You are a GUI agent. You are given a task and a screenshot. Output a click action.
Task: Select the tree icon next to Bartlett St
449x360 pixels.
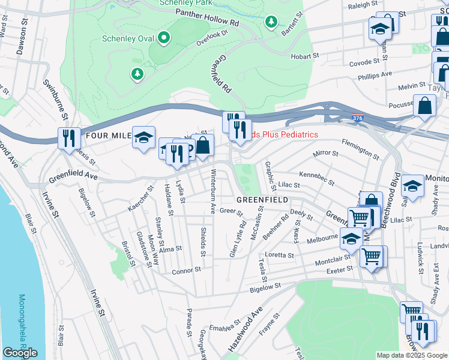tap(271, 22)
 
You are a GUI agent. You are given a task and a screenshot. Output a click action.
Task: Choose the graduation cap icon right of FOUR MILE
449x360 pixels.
tap(143, 137)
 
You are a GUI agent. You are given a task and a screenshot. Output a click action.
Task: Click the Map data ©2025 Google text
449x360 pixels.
tap(412, 355)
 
